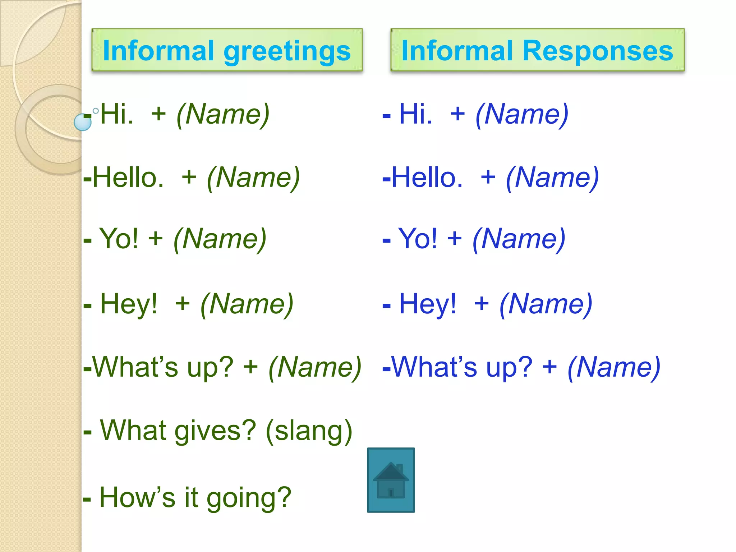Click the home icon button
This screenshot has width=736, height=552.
pos(391,480)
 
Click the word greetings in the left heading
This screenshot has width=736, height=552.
pos(287,51)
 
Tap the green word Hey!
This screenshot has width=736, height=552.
pos(129,304)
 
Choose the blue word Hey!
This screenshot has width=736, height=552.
pos(428,304)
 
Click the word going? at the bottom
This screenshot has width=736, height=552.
pos(249,498)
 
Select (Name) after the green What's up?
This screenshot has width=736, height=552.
pos(315,367)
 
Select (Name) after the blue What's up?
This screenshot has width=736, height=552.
pos(614,367)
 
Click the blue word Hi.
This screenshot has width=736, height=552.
pos(415,114)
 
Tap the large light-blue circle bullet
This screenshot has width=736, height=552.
pos(83,122)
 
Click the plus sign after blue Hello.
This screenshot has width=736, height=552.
pos(488,177)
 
